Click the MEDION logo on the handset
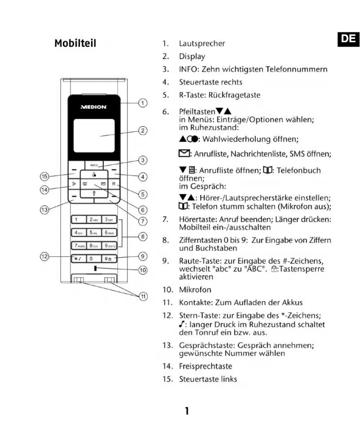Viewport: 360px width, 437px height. [x=93, y=107]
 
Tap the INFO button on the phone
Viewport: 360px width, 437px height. [x=93, y=165]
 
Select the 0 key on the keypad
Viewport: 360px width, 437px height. [x=94, y=259]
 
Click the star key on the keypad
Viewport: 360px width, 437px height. [x=78, y=259]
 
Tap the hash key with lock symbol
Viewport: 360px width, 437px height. [x=109, y=259]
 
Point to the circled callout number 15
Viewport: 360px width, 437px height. [x=44, y=177]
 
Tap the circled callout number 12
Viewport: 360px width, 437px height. [x=44, y=256]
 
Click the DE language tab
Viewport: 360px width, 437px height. [x=348, y=39]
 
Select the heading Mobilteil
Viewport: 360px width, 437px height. [x=75, y=44]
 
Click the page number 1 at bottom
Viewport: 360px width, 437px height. [x=186, y=411]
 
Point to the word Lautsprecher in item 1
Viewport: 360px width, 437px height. [x=202, y=44]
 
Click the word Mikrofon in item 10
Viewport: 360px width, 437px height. [x=195, y=290]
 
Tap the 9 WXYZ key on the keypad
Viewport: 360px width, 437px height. [x=109, y=245]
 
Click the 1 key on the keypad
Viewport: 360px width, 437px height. [x=78, y=220]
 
